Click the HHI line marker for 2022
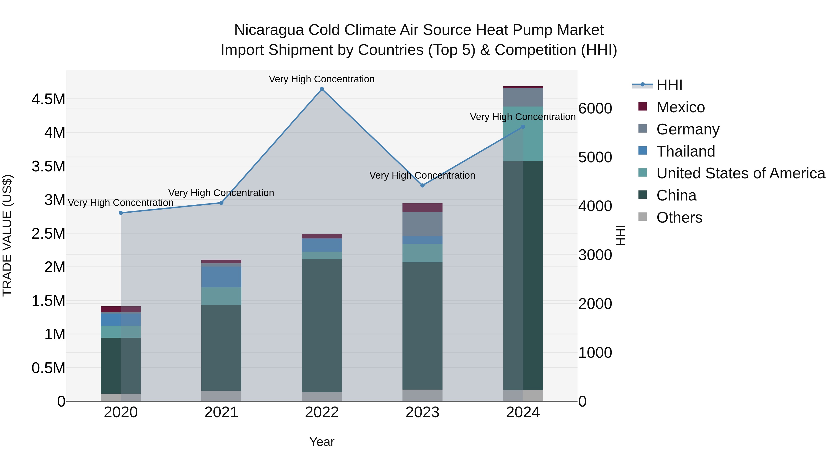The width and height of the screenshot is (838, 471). [322, 89]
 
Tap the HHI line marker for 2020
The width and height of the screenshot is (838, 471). [121, 213]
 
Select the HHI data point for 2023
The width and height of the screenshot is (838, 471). [422, 186]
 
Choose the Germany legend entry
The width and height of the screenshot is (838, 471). [688, 129]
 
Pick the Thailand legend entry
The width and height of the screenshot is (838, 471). [686, 151]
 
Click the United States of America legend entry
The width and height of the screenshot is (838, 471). [740, 174]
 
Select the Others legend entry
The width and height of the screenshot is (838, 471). [679, 217]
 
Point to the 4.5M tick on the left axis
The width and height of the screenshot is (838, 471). [48, 99]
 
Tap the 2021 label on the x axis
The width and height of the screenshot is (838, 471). [221, 412]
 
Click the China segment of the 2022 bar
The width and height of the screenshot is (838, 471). [322, 325]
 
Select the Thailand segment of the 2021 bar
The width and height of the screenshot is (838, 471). [221, 277]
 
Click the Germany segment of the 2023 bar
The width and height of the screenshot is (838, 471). [422, 224]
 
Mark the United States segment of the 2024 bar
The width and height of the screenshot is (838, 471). [523, 134]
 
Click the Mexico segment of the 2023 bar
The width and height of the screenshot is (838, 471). [422, 207]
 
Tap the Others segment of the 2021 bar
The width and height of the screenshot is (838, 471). [221, 396]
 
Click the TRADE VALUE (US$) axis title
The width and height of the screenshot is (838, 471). [7, 235]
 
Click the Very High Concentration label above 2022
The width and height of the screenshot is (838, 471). [322, 79]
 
